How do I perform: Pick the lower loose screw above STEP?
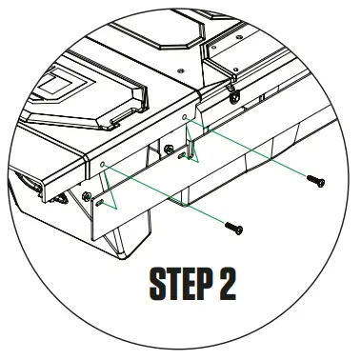[233, 228]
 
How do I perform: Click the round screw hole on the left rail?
[103, 163]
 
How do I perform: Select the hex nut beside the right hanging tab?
[169, 149]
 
